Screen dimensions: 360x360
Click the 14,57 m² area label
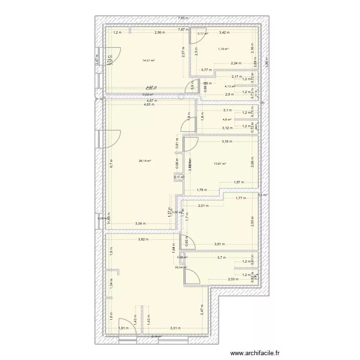pyautogui.click(x=148, y=60)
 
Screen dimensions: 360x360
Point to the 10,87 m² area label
pyautogui.click(x=219, y=164)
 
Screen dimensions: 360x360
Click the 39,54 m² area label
pyautogui.click(x=181, y=268)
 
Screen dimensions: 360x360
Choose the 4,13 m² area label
pyautogui.click(x=230, y=86)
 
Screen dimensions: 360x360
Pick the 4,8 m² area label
pyautogui.click(x=227, y=120)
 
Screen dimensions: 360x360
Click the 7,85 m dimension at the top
pyautogui.click(x=183, y=18)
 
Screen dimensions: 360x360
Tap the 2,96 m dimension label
pyautogui.click(x=159, y=33)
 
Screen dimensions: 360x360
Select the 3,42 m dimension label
pyautogui.click(x=224, y=33)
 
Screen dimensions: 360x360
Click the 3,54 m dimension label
pyautogui.click(x=141, y=224)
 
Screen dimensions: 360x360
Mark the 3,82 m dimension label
pyautogui.click(x=143, y=240)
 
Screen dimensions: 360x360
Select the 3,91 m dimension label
pyautogui.click(x=220, y=244)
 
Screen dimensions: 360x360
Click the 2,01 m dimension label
pyautogui.click(x=204, y=206)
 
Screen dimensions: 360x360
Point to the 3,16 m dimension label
pyautogui.click(x=227, y=142)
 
